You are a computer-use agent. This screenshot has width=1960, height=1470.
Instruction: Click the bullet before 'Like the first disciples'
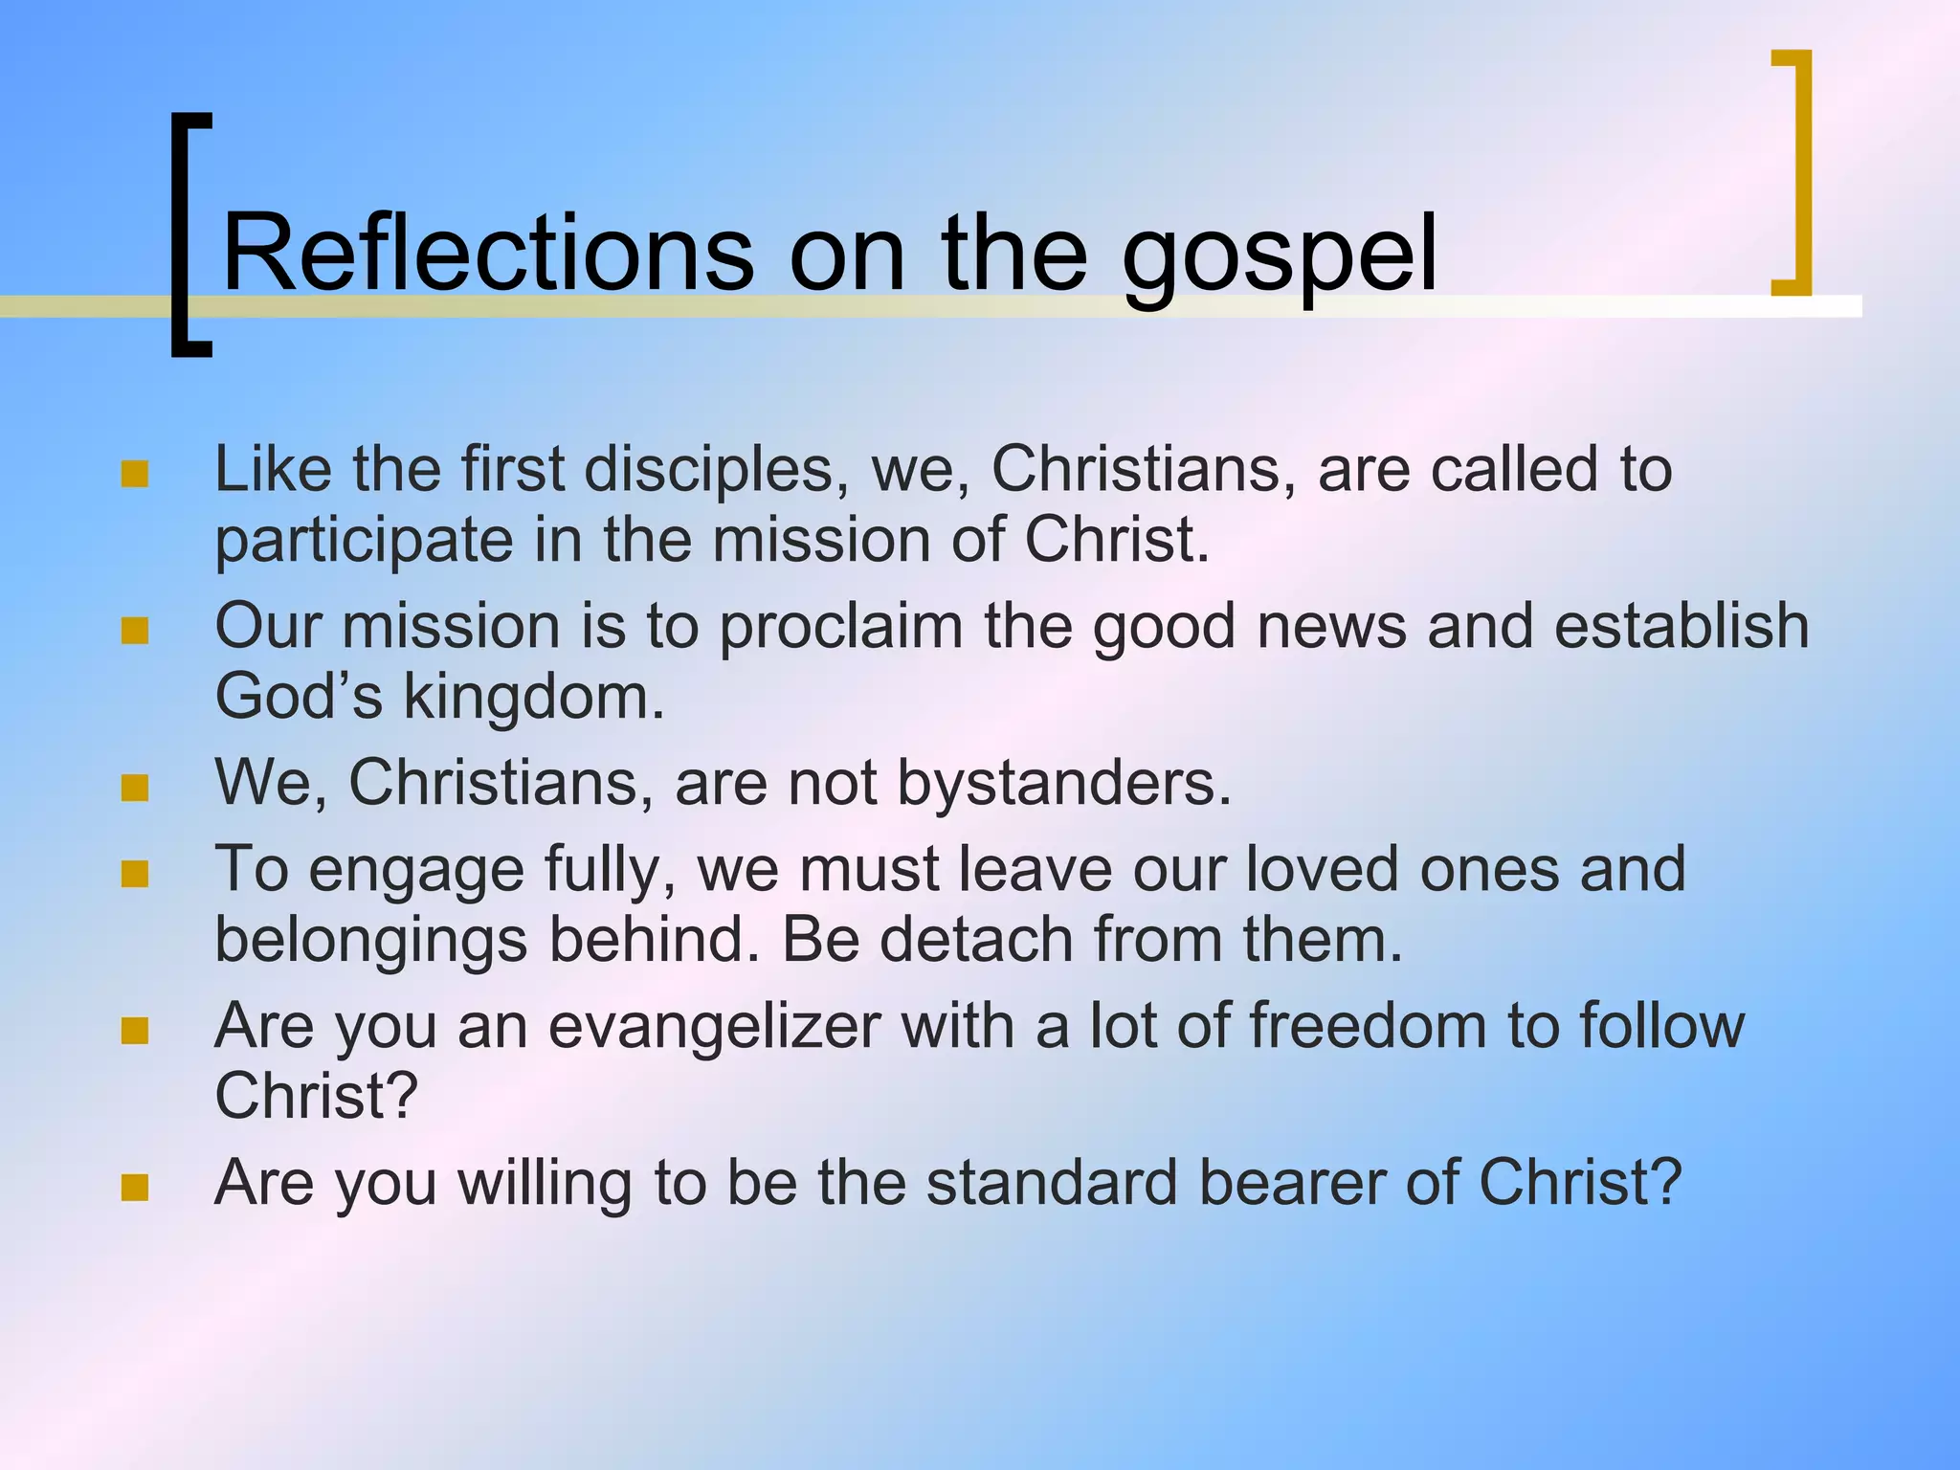tap(135, 474)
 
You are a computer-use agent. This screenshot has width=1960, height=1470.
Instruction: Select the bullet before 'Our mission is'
tap(135, 631)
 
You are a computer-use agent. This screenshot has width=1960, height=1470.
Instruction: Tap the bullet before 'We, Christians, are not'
tap(135, 788)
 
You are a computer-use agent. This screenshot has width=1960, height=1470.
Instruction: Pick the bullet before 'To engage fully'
tap(135, 874)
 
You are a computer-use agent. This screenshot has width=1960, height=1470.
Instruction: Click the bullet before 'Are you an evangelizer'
tap(135, 1031)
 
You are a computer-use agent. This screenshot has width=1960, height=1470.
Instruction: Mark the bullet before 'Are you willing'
tap(135, 1188)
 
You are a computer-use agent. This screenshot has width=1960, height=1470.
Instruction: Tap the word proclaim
tap(840, 628)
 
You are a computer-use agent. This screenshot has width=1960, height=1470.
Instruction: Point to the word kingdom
tap(532, 697)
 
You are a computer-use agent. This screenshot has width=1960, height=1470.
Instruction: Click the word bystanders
tap(1062, 784)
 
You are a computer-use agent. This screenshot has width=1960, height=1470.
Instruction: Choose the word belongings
tap(370, 941)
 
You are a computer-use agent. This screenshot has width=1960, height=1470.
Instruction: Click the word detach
tap(976, 939)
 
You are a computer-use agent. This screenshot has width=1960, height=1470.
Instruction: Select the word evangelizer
tap(714, 1027)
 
